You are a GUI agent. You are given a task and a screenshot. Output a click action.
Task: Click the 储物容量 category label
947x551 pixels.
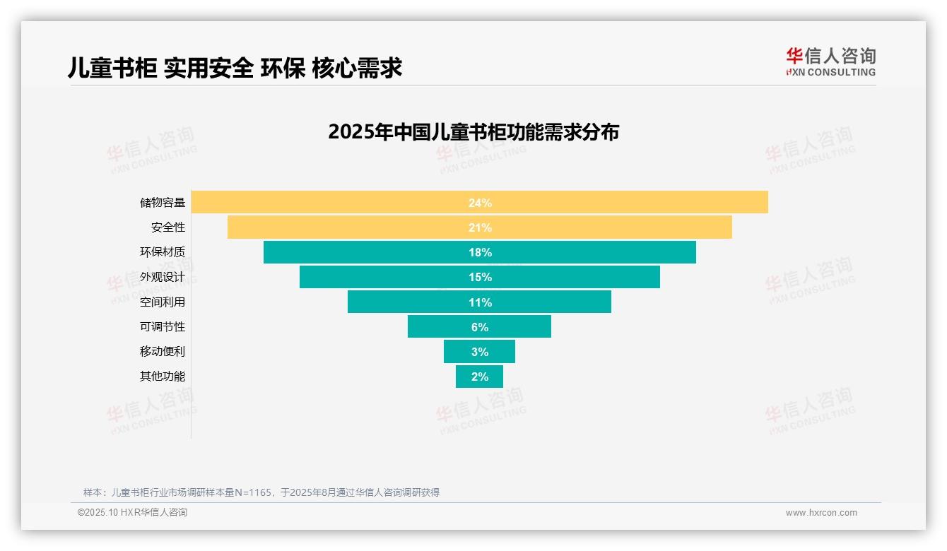click(x=162, y=203)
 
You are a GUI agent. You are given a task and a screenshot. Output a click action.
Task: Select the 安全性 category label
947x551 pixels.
click(x=167, y=227)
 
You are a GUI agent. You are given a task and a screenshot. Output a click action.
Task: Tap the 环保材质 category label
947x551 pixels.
click(x=162, y=252)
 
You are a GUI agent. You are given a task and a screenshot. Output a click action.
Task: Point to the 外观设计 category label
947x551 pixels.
click(x=162, y=277)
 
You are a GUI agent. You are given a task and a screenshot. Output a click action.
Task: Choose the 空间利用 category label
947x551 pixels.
click(x=162, y=302)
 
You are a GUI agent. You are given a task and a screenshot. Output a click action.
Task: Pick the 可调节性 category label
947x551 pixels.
click(x=162, y=326)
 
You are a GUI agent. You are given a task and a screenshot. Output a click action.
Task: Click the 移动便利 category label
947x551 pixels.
click(x=162, y=351)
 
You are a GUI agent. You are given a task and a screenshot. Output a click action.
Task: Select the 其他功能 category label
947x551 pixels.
click(x=162, y=376)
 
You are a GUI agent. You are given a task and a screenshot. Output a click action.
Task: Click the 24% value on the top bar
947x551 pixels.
click(x=480, y=203)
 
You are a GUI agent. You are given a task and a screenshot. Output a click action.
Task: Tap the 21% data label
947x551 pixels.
click(x=480, y=227)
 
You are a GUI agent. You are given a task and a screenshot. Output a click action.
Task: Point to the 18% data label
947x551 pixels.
click(x=480, y=252)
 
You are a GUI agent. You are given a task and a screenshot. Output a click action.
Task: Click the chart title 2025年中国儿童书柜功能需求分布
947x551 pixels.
click(x=473, y=132)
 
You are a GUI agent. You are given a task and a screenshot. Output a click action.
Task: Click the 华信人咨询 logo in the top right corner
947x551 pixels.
click(x=830, y=62)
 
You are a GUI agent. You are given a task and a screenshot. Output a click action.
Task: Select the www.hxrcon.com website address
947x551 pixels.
click(x=820, y=513)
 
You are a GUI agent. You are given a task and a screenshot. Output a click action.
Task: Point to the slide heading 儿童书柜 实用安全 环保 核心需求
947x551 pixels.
click(x=235, y=68)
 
